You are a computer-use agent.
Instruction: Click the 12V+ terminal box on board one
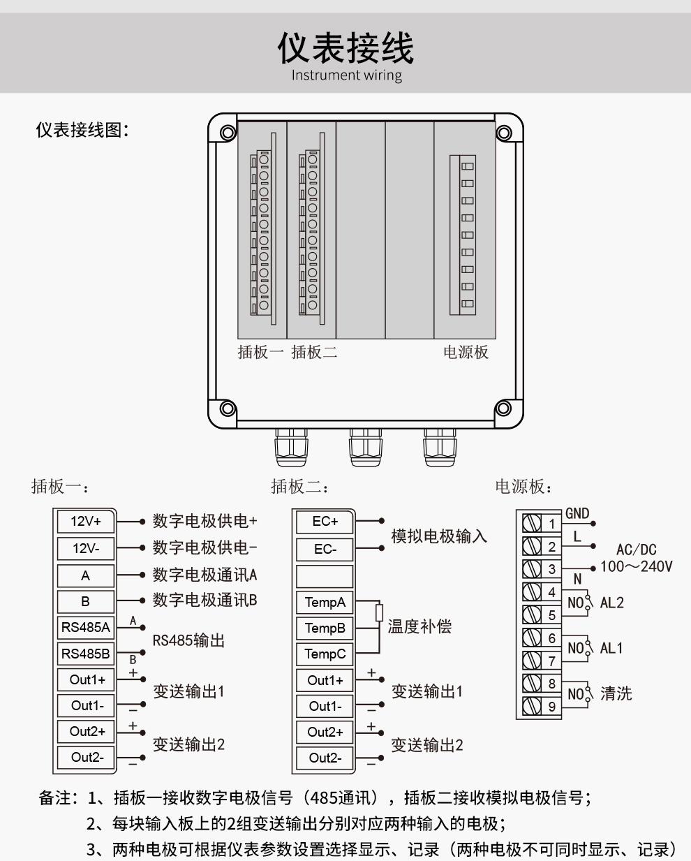coord(86,522)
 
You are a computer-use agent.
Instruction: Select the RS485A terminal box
coord(86,627)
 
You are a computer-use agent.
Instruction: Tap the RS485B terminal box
coord(86,654)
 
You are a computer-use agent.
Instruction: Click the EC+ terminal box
coord(325,522)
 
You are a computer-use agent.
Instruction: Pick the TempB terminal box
coord(325,628)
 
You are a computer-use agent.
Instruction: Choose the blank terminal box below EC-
coord(325,576)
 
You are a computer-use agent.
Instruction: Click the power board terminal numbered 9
coord(551,706)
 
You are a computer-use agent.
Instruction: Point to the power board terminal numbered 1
coord(551,524)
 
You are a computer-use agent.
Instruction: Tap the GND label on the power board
coord(577,513)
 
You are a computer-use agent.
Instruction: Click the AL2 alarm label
coord(611,603)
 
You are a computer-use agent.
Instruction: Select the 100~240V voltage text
coord(636,566)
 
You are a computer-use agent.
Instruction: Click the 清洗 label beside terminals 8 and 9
coord(616,693)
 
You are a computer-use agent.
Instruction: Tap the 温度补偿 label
coord(419,626)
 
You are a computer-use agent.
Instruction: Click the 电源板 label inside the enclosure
coord(466,352)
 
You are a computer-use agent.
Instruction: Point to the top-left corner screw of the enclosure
coord(227,133)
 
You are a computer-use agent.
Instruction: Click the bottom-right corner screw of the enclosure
coord(503,409)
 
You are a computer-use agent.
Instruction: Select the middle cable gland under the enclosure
coord(366,447)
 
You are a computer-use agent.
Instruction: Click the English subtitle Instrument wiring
coord(346,75)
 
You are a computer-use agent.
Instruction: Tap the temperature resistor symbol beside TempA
coord(379,613)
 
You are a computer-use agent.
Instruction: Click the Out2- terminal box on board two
coord(325,758)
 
